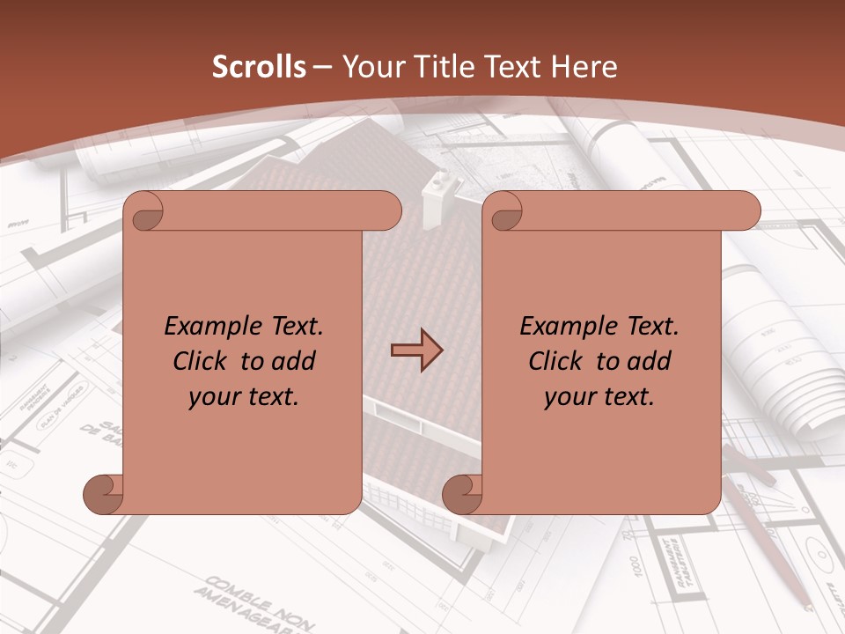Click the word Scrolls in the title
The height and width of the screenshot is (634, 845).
pyautogui.click(x=259, y=67)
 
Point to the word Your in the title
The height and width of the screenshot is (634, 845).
pyautogui.click(x=370, y=67)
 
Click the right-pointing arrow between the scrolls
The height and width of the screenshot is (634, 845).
pyautogui.click(x=416, y=350)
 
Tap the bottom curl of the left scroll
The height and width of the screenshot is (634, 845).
pyautogui.click(x=104, y=494)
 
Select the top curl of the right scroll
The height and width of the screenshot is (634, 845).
pyautogui.click(x=505, y=211)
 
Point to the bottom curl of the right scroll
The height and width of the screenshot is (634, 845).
pyautogui.click(x=463, y=494)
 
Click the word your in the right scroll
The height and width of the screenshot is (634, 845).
pyautogui.click(x=570, y=397)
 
